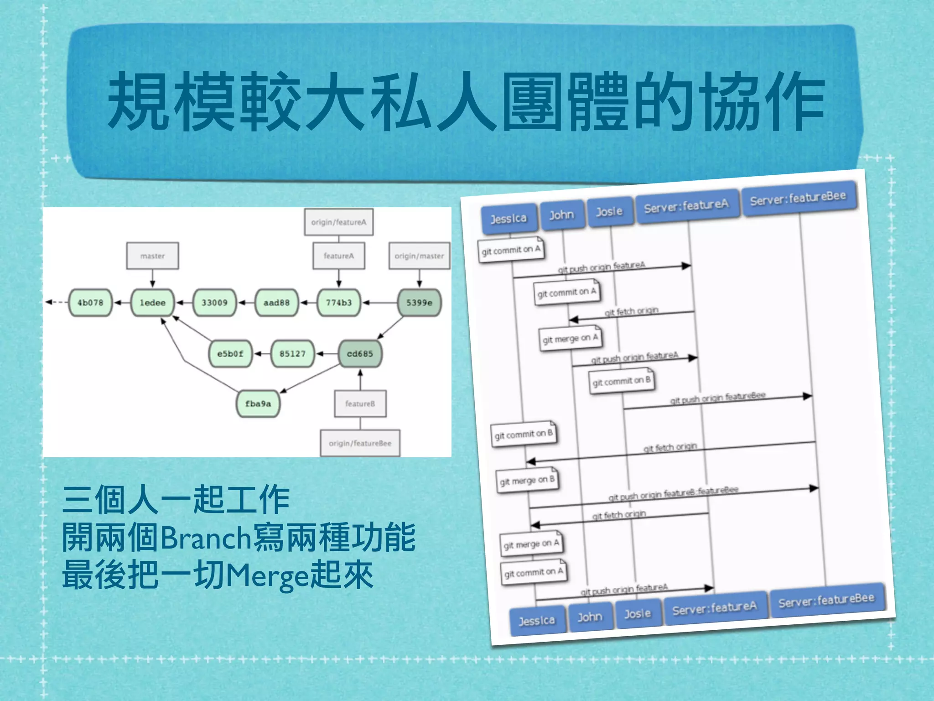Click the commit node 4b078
click(90, 303)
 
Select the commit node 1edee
click(152, 303)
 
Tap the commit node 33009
click(214, 303)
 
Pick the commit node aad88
click(276, 303)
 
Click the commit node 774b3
click(338, 303)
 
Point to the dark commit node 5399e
click(419, 303)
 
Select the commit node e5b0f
click(230, 354)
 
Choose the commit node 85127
click(292, 354)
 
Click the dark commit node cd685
click(360, 354)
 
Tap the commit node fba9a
click(258, 404)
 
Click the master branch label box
click(152, 256)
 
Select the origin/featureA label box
click(338, 222)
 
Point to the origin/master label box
click(419, 256)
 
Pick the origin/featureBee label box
click(360, 443)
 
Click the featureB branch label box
click(360, 404)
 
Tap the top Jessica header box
click(509, 219)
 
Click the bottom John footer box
click(590, 617)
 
